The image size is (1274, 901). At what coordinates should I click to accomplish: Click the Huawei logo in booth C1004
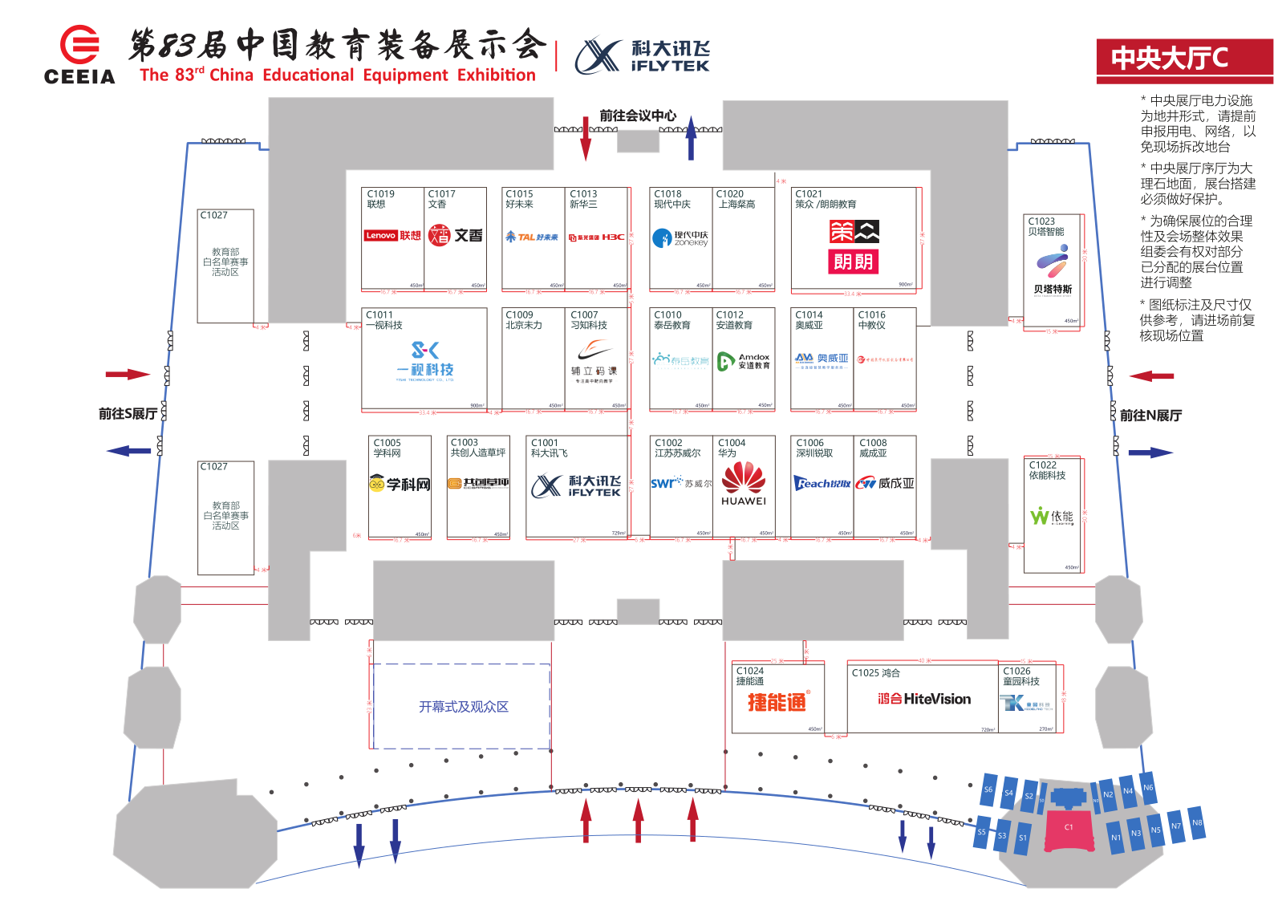[744, 483]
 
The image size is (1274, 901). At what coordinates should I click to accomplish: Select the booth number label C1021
[809, 193]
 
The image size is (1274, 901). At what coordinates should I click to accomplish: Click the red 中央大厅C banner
[1183, 58]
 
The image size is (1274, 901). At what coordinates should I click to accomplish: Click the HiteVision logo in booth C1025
[923, 699]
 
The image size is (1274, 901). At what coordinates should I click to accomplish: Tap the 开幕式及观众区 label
[463, 707]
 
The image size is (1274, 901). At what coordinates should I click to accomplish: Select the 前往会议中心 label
[638, 116]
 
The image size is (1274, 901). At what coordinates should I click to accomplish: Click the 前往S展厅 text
[127, 414]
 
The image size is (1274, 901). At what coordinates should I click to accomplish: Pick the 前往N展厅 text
[1150, 416]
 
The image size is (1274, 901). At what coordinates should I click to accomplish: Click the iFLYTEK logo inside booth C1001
[576, 485]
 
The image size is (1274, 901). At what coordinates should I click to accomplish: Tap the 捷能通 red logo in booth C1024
[777, 702]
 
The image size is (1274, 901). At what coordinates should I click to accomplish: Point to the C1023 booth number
[1041, 221]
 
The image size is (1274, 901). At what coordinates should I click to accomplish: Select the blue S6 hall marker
[988, 789]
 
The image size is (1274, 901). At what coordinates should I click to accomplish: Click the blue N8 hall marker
[1197, 822]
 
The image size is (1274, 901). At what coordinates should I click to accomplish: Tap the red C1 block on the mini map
[1069, 827]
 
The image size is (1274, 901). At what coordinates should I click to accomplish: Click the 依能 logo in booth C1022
[1051, 516]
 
